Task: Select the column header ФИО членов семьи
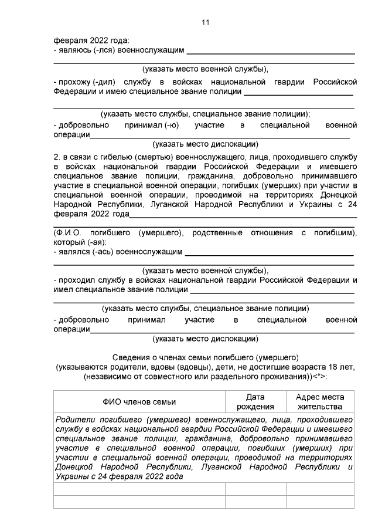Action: click(x=139, y=402)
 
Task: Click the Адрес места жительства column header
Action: click(x=320, y=402)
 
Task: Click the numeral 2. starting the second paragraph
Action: click(x=57, y=157)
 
